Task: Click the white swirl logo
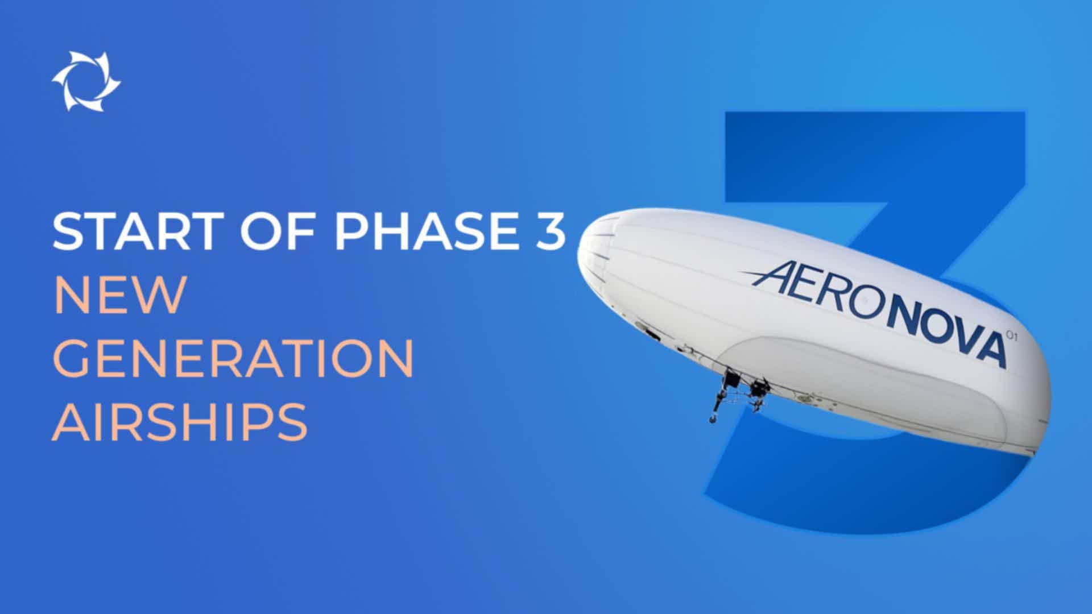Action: pos(86,81)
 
